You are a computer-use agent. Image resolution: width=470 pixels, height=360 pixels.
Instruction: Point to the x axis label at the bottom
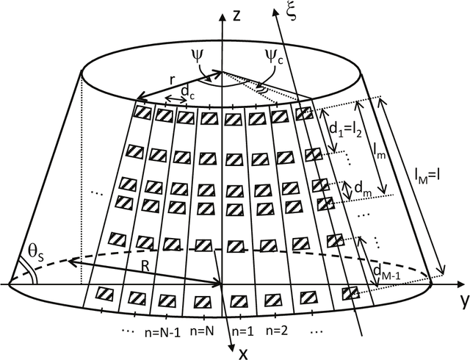243,351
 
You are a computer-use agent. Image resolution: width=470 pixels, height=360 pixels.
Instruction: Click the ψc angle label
277,56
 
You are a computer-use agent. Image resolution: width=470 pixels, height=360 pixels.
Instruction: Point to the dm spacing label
362,190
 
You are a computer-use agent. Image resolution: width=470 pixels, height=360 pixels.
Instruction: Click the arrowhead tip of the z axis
220,14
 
